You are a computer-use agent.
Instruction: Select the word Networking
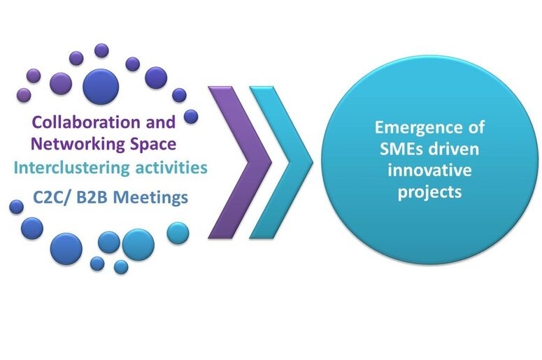click(78, 144)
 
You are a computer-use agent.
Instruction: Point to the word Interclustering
click(71, 168)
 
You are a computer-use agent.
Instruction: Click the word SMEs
click(400, 149)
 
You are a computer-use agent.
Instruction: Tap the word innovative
click(429, 170)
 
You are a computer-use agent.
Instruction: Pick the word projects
click(429, 192)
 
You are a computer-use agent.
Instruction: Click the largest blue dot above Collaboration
click(101, 87)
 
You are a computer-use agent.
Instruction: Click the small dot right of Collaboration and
click(191, 117)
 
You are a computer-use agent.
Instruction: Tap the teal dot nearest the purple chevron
click(178, 233)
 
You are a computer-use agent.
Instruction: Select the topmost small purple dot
click(101, 50)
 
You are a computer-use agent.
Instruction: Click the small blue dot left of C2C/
click(16, 207)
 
